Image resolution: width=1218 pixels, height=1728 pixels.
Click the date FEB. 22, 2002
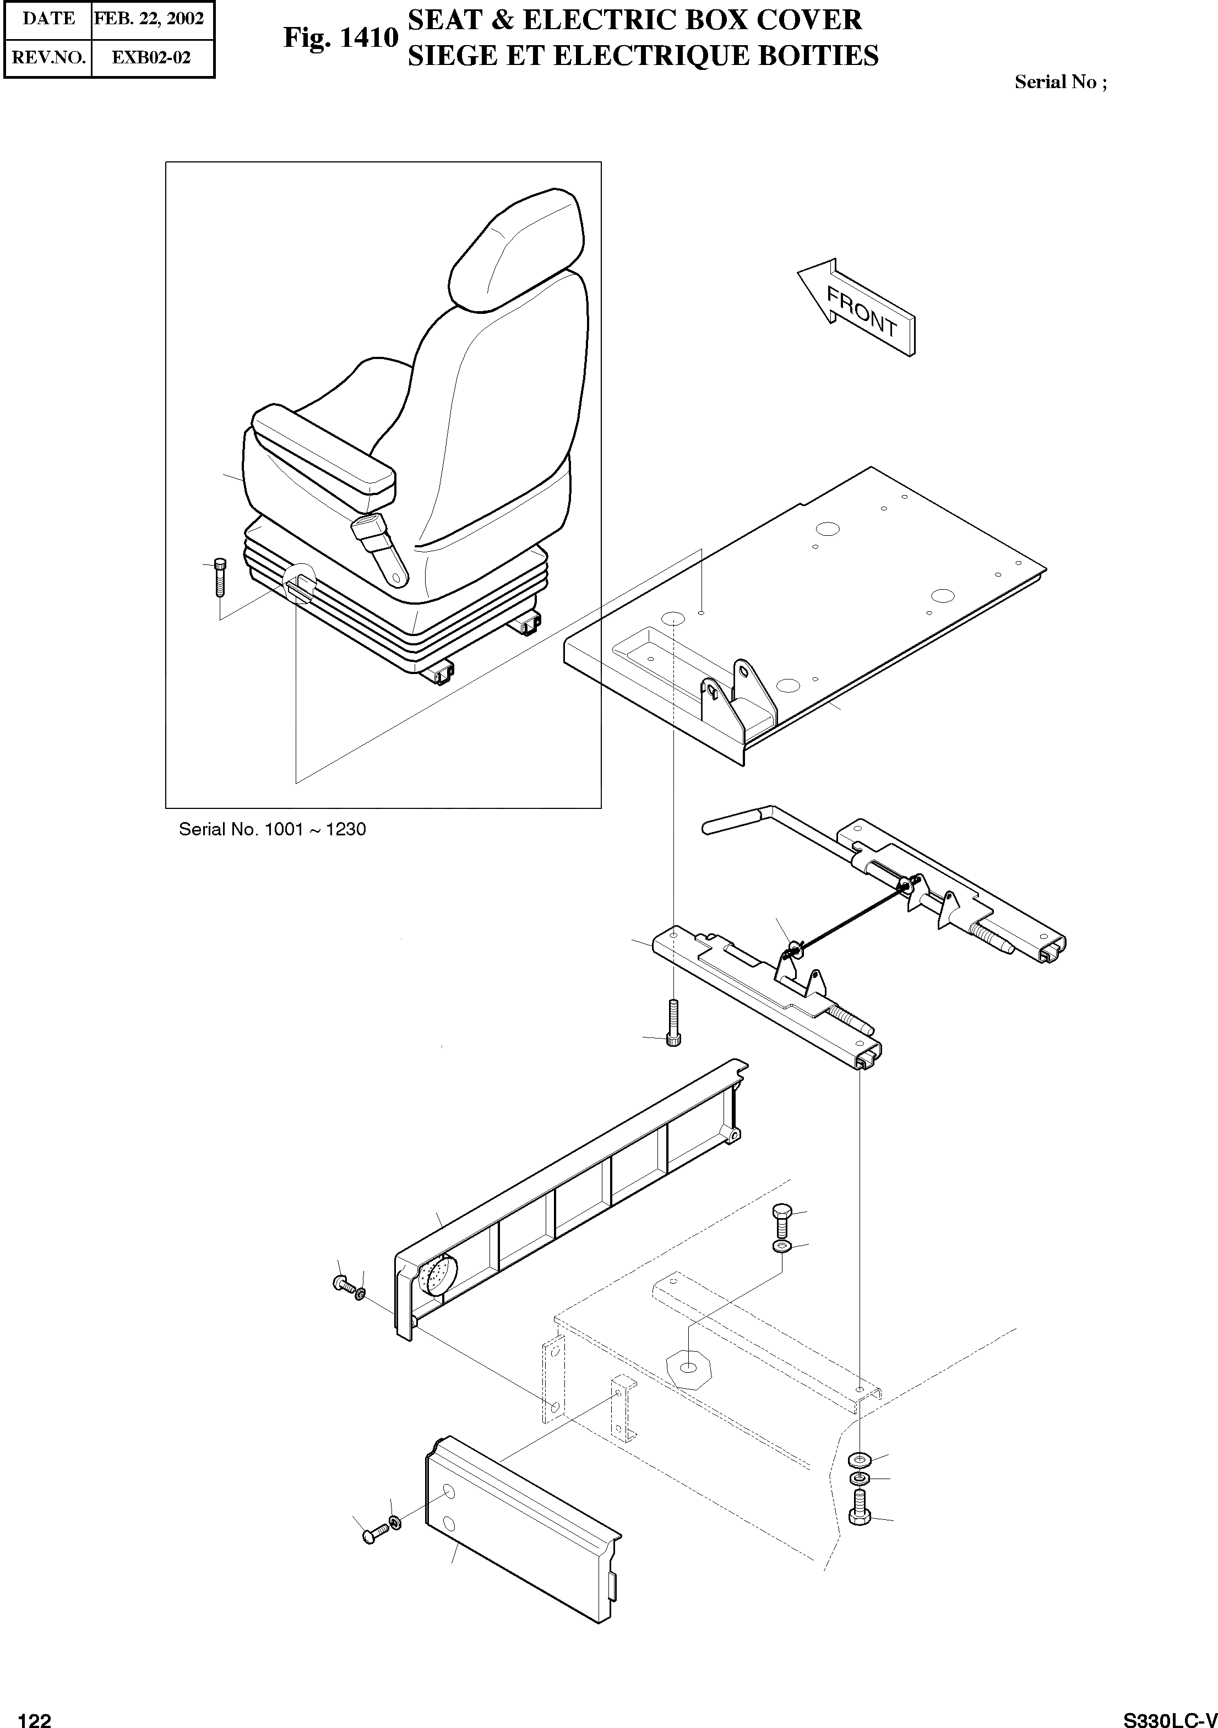tap(149, 19)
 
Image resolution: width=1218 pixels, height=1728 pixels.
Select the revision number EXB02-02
tap(151, 58)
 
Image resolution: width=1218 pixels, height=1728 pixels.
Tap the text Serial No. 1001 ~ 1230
tap(272, 829)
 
